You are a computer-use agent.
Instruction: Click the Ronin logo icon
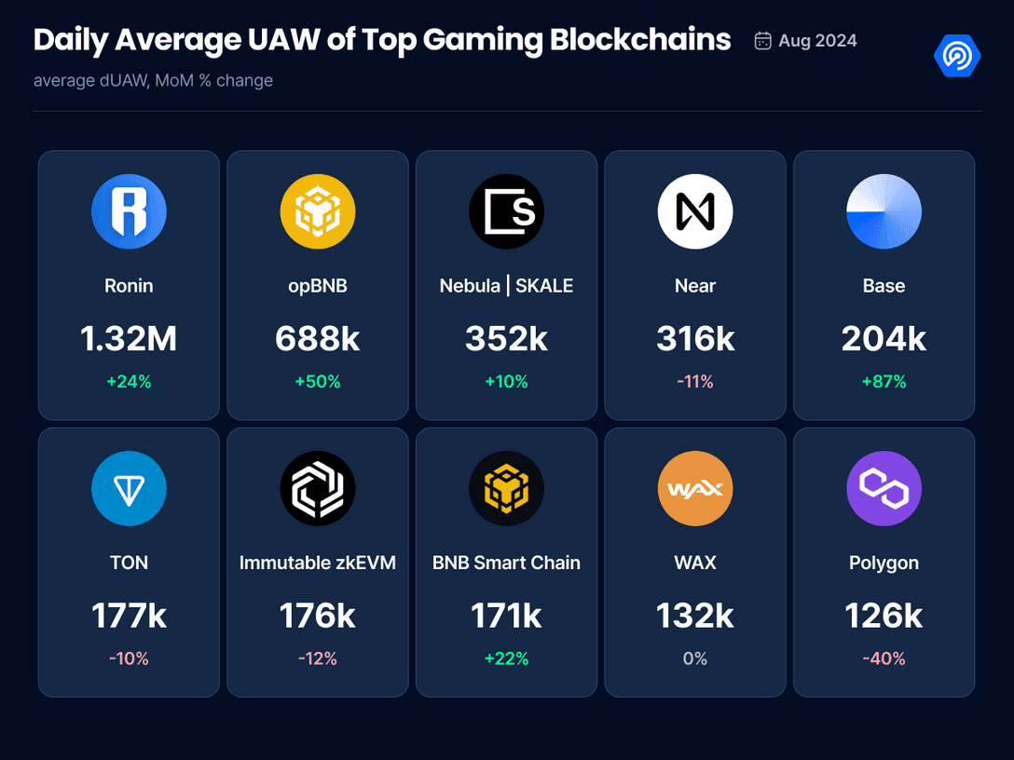[x=129, y=211]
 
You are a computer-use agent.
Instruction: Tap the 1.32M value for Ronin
[x=129, y=340]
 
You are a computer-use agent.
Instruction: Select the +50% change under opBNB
[x=318, y=382]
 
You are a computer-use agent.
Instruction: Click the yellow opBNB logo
[x=318, y=211]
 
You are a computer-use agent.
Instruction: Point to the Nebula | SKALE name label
[x=506, y=286]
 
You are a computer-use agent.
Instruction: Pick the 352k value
[x=506, y=340]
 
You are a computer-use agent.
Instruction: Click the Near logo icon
[x=695, y=211]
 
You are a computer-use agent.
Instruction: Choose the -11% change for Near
[x=695, y=382]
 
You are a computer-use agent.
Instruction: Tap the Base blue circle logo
[x=884, y=211]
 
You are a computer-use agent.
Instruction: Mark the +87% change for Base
[x=884, y=382]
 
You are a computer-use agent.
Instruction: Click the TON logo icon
[x=129, y=489]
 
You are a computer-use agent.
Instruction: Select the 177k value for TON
[x=129, y=617]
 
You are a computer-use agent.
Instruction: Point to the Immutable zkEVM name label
[x=318, y=563]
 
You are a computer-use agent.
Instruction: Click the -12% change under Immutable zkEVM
[x=318, y=658]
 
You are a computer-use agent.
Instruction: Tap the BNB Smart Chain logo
[x=506, y=489]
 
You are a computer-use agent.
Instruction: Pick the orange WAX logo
[x=695, y=489]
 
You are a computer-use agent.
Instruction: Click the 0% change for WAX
[x=695, y=658]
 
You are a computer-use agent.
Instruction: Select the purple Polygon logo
[x=884, y=489]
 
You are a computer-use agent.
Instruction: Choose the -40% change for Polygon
[x=884, y=658]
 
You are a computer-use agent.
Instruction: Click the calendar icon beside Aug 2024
[x=762, y=41]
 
